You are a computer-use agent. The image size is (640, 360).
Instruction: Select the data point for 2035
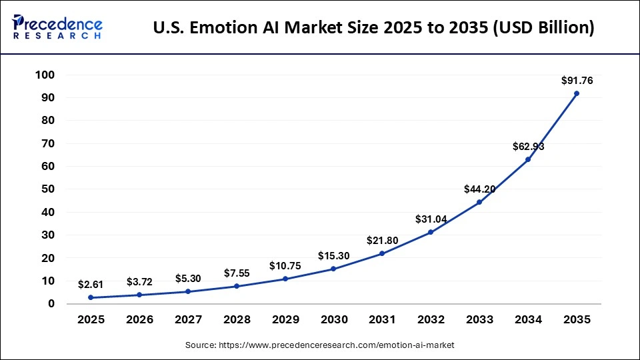(577, 93)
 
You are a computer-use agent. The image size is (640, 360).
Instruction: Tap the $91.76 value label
(577, 81)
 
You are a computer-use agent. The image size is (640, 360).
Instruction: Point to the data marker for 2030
(333, 269)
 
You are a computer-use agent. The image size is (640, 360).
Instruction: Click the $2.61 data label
(91, 285)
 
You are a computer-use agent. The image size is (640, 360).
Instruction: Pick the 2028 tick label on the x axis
(237, 320)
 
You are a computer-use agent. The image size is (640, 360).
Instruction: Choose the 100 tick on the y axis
(45, 75)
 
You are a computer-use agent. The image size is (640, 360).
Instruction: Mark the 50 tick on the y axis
(47, 189)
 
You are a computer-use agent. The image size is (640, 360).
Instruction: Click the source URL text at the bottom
(319, 345)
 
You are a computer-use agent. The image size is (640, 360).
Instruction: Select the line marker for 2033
(479, 202)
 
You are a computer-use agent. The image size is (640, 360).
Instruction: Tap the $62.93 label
(528, 147)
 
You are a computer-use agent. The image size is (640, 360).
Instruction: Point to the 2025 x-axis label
(91, 320)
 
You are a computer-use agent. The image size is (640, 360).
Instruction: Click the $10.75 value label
(285, 266)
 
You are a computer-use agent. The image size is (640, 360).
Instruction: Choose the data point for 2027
(188, 291)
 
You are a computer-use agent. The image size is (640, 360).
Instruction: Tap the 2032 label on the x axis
(431, 320)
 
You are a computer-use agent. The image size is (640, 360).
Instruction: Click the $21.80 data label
(383, 241)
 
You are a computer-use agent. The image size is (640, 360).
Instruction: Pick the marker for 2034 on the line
(528, 159)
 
